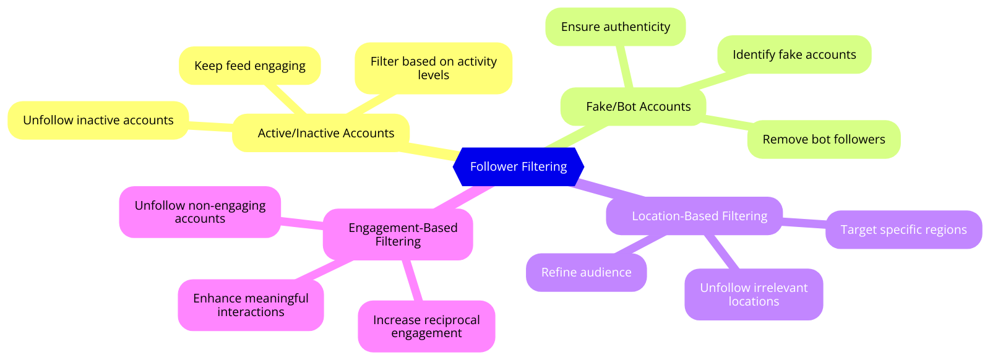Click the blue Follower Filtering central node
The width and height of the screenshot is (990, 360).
click(519, 166)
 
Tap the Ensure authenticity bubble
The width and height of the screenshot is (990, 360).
click(615, 27)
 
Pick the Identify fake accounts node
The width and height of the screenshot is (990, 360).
click(794, 55)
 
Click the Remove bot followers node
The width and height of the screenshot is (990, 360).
click(824, 140)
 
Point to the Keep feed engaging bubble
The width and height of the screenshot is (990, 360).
click(249, 66)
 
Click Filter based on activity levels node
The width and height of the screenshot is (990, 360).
click(433, 69)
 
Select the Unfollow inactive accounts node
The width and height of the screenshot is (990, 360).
click(98, 121)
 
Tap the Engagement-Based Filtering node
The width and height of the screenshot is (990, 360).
click(398, 234)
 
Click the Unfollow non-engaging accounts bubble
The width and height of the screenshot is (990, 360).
click(200, 212)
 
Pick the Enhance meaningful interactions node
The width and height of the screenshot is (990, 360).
click(251, 306)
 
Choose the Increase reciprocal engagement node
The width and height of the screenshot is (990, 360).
click(426, 327)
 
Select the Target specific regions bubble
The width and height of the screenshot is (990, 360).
click(903, 230)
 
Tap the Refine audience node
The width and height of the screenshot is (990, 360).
click(586, 273)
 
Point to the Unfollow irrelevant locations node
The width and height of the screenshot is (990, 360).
click(754, 294)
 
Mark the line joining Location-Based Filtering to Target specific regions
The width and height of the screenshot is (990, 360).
click(804, 222)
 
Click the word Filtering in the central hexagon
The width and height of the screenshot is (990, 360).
click(544, 166)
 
